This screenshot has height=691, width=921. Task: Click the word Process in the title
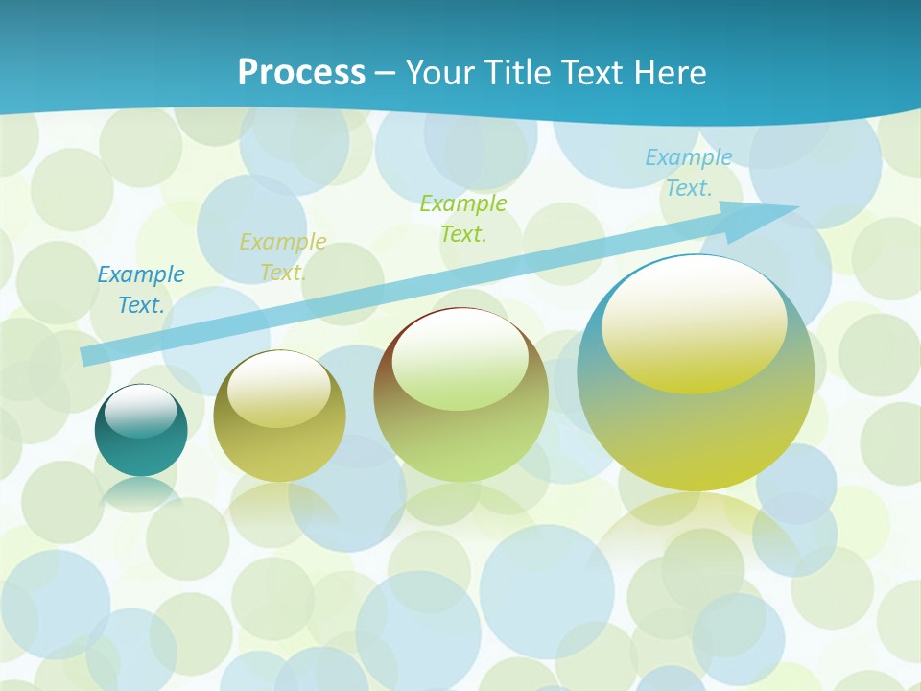coord(301,72)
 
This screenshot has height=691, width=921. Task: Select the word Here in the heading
coord(671,72)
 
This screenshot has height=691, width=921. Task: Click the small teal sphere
coord(141,451)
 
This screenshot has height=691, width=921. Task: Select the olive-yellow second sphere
coord(279,451)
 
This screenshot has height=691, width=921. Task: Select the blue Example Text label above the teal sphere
coord(141,290)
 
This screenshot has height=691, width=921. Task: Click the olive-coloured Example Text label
coord(283,257)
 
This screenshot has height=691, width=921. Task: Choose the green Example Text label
coord(463,219)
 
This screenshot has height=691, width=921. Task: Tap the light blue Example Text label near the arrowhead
coord(689,173)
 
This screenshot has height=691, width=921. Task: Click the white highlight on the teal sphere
coord(141,411)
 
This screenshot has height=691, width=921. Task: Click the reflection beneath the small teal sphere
coord(141,493)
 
